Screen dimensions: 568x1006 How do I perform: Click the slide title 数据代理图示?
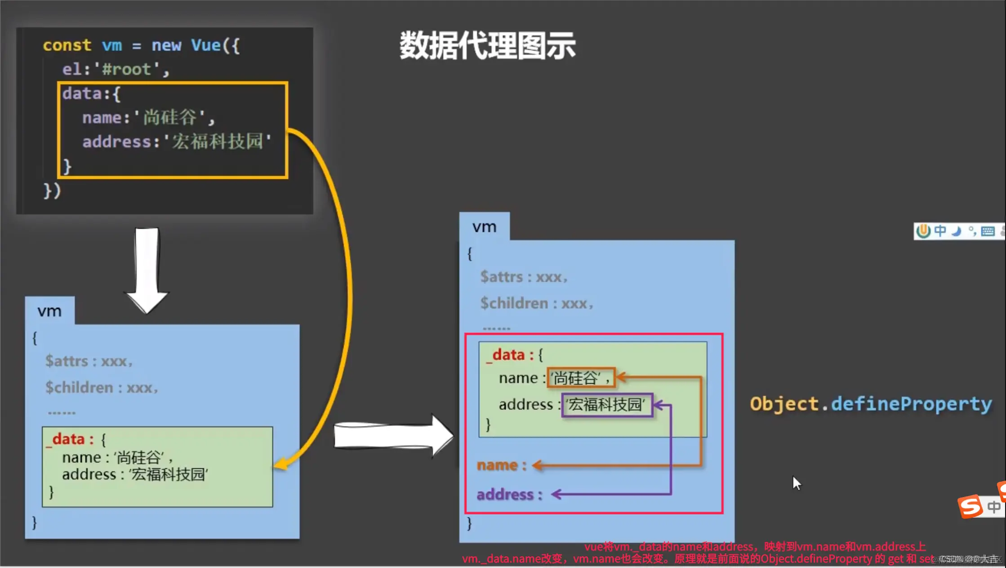click(487, 46)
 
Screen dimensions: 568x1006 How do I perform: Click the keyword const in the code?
click(67, 45)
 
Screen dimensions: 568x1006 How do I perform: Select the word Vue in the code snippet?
click(206, 45)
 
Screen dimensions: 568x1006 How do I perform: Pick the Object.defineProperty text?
click(871, 404)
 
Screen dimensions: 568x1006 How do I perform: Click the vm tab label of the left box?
click(49, 311)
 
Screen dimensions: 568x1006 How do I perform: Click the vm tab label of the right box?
click(484, 227)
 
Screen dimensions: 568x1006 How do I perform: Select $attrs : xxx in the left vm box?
click(89, 361)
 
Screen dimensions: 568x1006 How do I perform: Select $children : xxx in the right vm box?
click(536, 304)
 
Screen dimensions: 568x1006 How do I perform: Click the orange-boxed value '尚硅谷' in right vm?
click(580, 378)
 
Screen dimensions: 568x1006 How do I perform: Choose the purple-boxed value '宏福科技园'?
click(606, 405)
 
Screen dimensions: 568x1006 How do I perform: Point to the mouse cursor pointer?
click(797, 484)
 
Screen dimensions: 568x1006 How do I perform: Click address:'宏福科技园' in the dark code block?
click(177, 142)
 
